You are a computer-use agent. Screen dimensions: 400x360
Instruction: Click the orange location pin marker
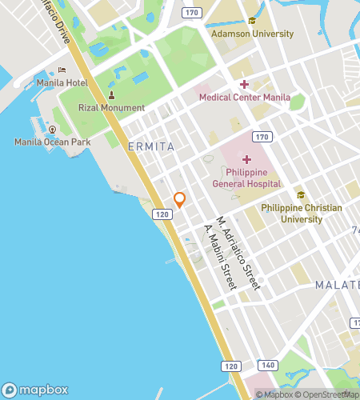pos(180,199)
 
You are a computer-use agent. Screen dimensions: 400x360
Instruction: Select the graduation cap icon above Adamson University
pos(251,21)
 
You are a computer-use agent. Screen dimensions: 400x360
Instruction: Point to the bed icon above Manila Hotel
pos(62,70)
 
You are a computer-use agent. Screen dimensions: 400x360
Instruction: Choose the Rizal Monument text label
pos(111,108)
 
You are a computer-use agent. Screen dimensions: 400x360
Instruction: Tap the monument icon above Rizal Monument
pos(111,95)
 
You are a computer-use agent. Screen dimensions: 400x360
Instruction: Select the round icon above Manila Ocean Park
pos(52,129)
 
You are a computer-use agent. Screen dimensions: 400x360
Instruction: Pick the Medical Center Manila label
pos(244,98)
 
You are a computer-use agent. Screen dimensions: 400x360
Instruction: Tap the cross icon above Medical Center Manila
pos(244,85)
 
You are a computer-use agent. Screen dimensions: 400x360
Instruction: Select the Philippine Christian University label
pos(302,213)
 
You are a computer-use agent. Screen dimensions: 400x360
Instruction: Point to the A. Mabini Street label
pos(221,256)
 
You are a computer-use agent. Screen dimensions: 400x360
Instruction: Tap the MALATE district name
pos(336,285)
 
